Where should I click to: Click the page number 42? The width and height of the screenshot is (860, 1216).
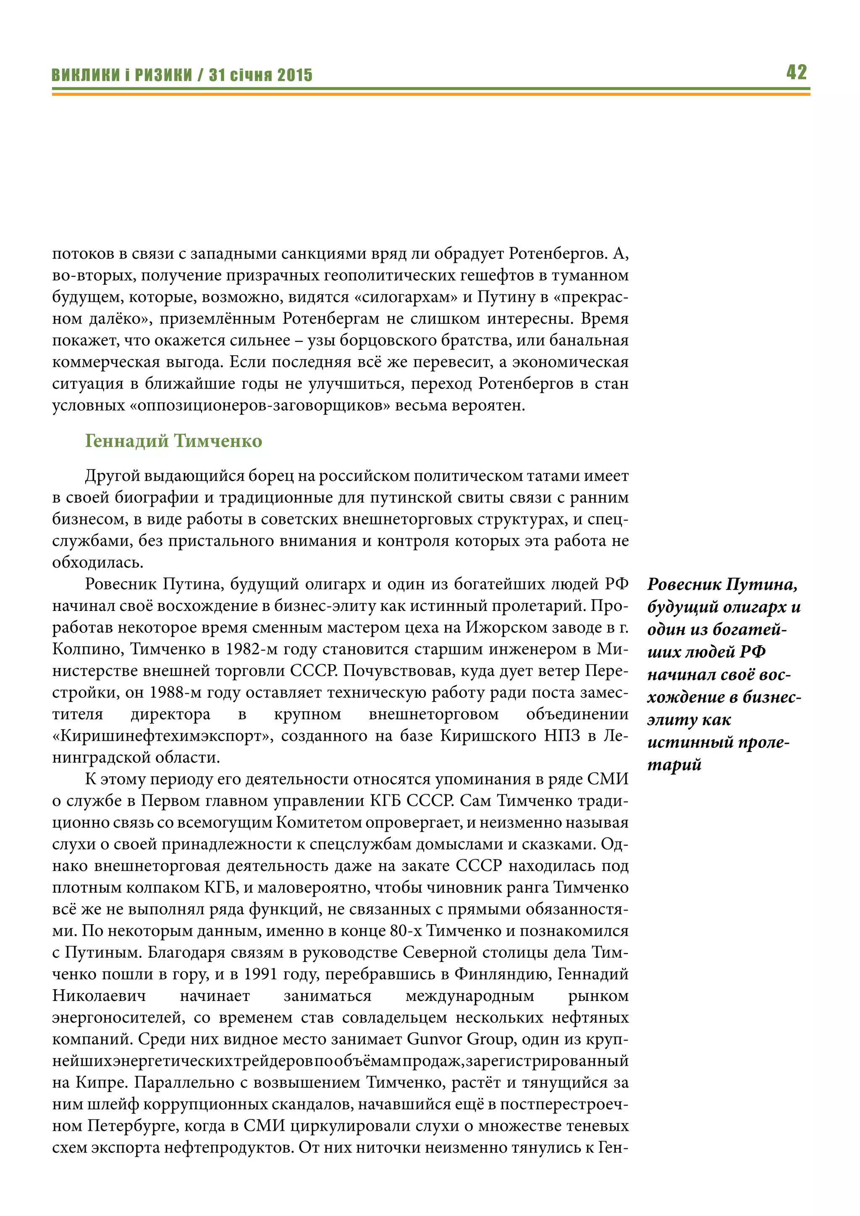pyautogui.click(x=797, y=72)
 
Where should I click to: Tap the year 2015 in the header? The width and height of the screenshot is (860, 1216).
pyautogui.click(x=295, y=75)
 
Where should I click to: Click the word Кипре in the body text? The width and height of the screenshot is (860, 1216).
pyautogui.click(x=99, y=1082)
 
